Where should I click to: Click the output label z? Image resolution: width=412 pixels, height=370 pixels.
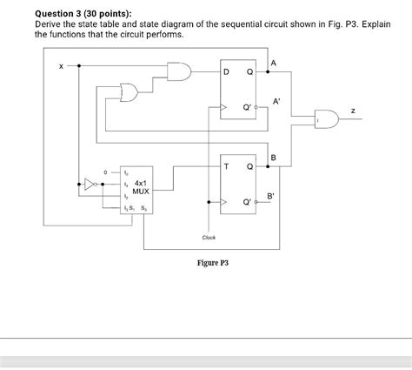pyautogui.click(x=352, y=111)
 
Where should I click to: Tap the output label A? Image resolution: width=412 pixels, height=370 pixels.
pyautogui.click(x=274, y=62)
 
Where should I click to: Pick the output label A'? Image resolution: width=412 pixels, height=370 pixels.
pyautogui.click(x=276, y=101)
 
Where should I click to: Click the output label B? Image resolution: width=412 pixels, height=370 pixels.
pyautogui.click(x=273, y=157)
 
